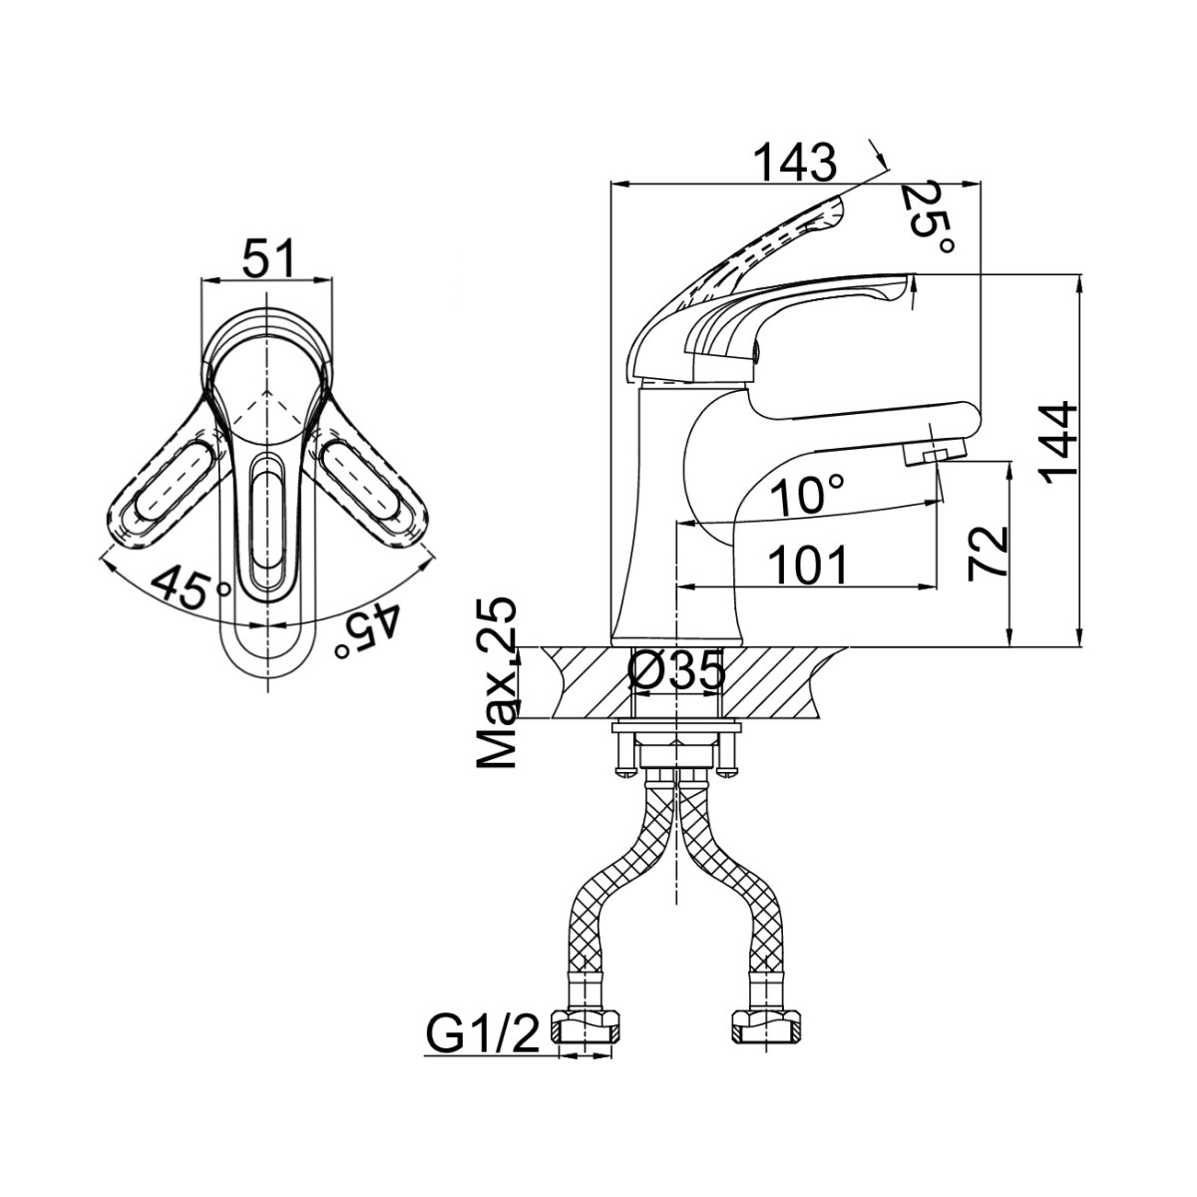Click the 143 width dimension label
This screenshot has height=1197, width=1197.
(x=794, y=163)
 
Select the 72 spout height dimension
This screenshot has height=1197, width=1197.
(x=988, y=552)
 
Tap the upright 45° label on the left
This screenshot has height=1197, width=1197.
(x=189, y=589)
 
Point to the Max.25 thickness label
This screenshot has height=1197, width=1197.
(x=497, y=683)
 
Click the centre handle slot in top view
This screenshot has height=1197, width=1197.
(x=267, y=523)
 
